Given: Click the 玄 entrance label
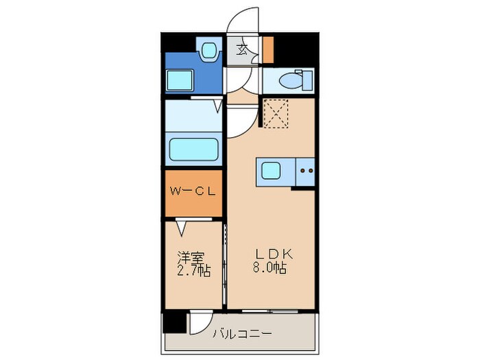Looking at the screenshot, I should pyautogui.click(x=242, y=49).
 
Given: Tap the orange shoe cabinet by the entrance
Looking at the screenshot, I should pyautogui.click(x=268, y=49).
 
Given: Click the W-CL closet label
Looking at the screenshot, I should pyautogui.click(x=193, y=192).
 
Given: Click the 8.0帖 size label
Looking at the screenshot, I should pyautogui.click(x=270, y=268).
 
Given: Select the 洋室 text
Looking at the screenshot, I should pyautogui.click(x=191, y=259).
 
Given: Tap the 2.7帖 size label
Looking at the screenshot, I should pyautogui.click(x=193, y=272).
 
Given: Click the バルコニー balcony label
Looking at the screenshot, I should pyautogui.click(x=242, y=335).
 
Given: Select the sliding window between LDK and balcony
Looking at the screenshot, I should pyautogui.click(x=271, y=311).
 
